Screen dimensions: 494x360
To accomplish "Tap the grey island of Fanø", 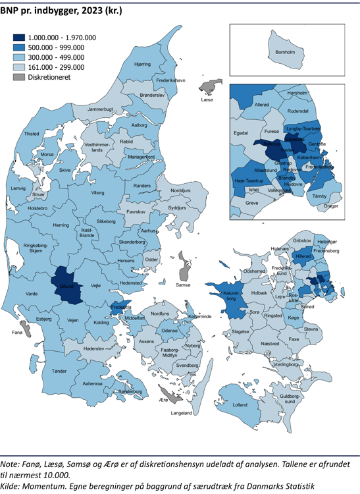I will (x=25, y=327).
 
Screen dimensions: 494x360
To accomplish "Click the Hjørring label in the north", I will (x=142, y=65).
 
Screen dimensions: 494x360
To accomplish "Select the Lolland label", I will (x=240, y=404).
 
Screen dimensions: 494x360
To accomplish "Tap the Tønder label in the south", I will (x=59, y=371).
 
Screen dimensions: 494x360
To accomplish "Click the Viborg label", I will (x=97, y=193).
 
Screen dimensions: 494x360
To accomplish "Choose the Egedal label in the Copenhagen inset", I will (x=241, y=133).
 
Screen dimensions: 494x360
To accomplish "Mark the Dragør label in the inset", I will (x=332, y=206).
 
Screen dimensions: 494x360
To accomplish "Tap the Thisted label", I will (x=32, y=134).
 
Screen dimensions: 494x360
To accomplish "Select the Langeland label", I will (x=182, y=413).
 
